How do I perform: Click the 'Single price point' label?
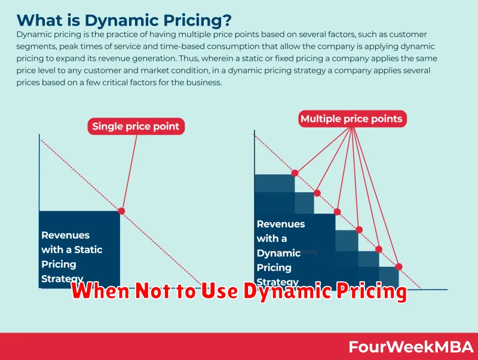click(136, 126)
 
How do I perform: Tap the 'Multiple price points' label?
click(352, 118)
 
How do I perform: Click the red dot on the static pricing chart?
click(122, 211)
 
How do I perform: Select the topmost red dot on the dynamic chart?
click(295, 173)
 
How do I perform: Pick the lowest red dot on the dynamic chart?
click(399, 267)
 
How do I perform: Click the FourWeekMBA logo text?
click(411, 347)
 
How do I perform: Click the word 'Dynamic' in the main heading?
click(122, 21)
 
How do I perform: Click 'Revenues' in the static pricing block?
click(66, 235)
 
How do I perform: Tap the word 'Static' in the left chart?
click(88, 250)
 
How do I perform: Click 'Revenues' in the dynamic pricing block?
click(281, 224)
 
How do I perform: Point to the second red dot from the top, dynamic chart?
click(317, 193)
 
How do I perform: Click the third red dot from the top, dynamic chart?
click(337, 212)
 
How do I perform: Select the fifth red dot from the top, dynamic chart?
click(379, 250)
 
